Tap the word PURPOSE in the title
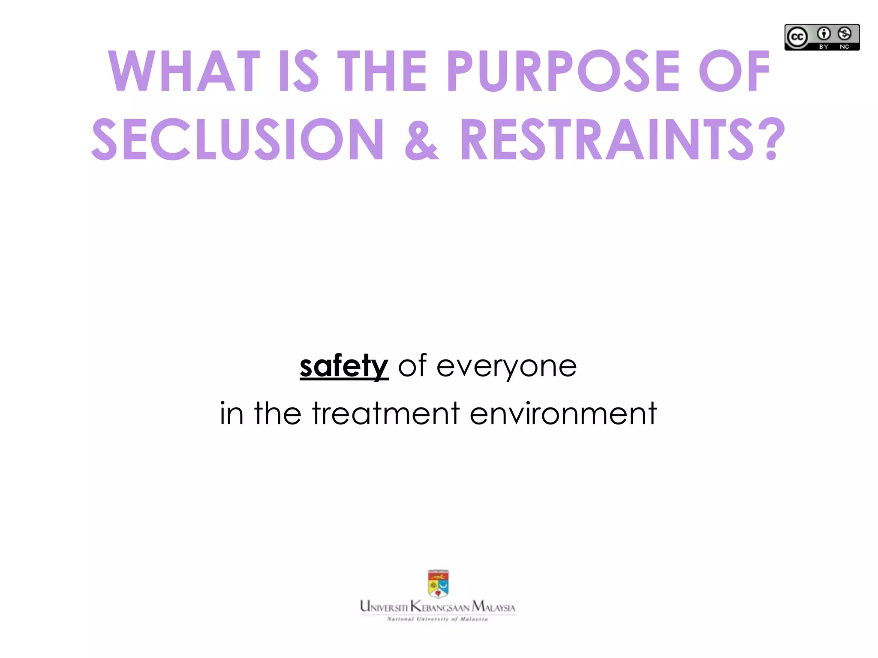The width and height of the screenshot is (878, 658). point(563,71)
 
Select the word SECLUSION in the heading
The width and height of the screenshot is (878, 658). point(238,140)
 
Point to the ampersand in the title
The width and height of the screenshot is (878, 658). point(422,141)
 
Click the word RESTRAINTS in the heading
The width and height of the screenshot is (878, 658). point(606,140)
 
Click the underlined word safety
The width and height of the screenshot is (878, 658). point(344,366)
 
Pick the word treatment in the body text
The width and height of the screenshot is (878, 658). point(386,413)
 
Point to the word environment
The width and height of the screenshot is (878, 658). point(563,413)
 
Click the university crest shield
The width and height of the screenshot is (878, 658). point(438,583)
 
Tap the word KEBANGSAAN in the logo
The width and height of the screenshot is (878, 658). point(440,607)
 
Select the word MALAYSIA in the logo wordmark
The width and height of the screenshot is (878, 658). point(493,607)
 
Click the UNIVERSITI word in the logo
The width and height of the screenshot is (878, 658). point(384,607)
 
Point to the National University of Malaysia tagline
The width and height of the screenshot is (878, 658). point(438,619)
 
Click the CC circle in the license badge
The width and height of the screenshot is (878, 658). point(797,37)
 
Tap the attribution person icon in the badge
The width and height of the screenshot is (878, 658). point(824,33)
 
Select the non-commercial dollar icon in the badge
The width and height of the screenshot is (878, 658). point(845,33)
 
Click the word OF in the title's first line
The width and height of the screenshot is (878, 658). point(734,71)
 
